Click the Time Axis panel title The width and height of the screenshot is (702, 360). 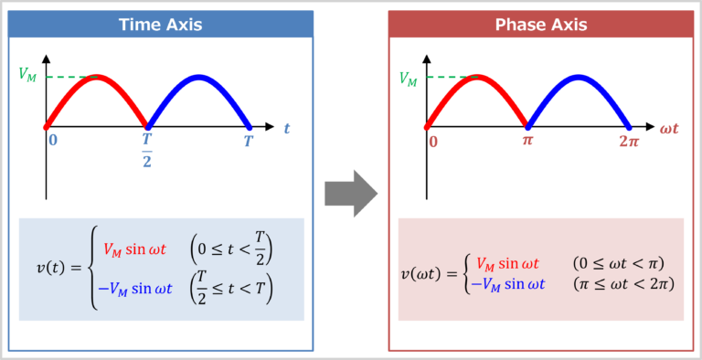pos(160,24)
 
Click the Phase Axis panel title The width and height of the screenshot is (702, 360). pos(540,24)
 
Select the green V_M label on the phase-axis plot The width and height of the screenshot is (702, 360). pos(409,79)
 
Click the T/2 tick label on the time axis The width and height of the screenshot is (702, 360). pos(146,148)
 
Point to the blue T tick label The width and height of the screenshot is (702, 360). pos(248,141)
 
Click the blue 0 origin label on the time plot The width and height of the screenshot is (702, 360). pos(53,141)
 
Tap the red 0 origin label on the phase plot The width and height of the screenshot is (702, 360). pos(432,142)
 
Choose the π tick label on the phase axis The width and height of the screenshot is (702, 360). pos(527,142)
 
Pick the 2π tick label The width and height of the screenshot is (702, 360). pos(627,142)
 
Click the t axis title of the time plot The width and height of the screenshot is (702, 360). pos(286,129)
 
